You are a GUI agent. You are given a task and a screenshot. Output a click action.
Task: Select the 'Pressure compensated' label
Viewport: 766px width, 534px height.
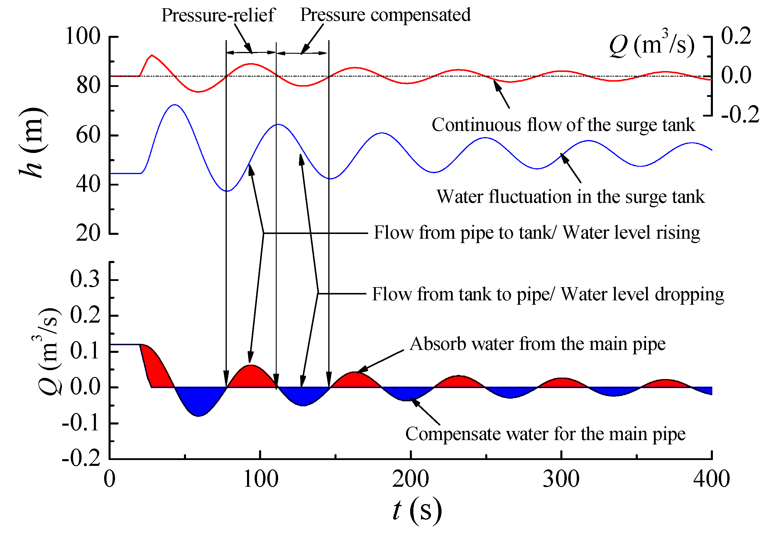[385, 15]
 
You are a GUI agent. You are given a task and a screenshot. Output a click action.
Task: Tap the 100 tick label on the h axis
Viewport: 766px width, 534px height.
[82, 36]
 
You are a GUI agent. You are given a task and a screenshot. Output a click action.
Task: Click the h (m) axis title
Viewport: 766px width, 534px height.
[32, 144]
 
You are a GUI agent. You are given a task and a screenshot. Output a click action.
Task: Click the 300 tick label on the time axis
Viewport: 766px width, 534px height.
[561, 479]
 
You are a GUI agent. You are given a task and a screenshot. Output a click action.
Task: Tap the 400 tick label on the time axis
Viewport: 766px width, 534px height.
[711, 479]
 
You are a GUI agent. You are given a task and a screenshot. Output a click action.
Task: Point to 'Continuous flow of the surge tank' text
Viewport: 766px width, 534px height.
[564, 125]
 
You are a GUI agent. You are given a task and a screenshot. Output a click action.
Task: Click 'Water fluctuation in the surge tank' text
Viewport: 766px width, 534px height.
[571, 197]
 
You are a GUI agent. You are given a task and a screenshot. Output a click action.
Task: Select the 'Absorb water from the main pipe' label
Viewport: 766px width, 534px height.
[537, 344]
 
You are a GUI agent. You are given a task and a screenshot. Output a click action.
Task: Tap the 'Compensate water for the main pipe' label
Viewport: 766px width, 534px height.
[545, 434]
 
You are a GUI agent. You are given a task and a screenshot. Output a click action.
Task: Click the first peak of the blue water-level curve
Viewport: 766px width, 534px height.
[175, 105]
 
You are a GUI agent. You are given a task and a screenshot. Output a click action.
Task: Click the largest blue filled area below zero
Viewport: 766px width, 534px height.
[199, 400]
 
